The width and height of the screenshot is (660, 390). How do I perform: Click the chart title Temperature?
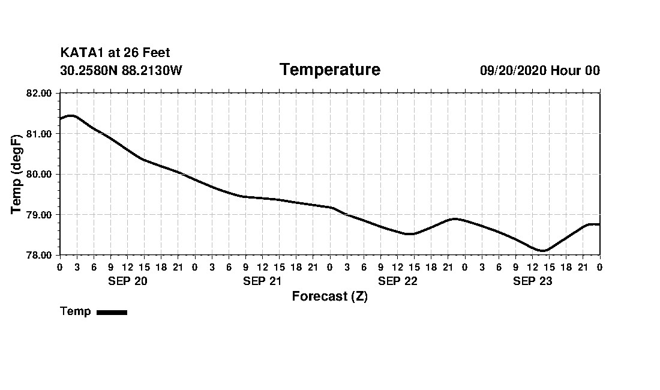point(329,70)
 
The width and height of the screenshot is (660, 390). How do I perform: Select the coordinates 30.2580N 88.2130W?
point(121,71)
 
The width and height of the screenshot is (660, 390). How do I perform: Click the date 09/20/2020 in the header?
point(513,71)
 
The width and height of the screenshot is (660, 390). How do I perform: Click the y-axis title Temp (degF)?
point(17,174)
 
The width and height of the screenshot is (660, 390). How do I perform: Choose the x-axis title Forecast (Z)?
point(329,296)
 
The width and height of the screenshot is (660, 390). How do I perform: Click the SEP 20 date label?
point(127,281)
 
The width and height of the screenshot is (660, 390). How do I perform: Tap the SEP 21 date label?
point(262,281)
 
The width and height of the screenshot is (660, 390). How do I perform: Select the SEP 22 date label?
point(397,281)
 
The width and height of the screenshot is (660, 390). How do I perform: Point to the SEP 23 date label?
point(532,281)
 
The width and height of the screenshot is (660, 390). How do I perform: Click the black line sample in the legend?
point(112,312)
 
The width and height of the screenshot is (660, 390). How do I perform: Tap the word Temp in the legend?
point(76,311)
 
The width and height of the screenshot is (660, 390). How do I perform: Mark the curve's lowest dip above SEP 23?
point(543,251)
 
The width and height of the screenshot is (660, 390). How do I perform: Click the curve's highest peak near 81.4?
point(71,116)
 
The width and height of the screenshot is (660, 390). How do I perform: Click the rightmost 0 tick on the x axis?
point(600,266)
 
